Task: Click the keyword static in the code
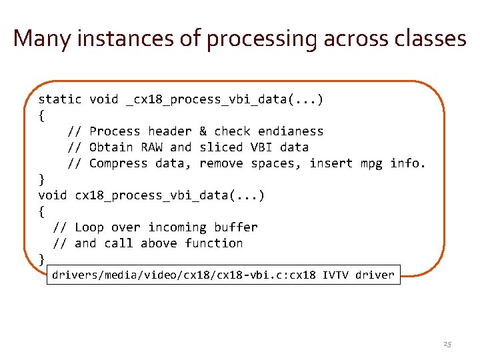[60, 99]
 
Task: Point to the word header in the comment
[169, 131]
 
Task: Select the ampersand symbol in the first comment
[203, 131]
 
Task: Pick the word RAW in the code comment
[151, 147]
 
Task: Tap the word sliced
[221, 147]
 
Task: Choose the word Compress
[118, 163]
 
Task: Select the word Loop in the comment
[89, 227]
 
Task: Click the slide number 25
[447, 345]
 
